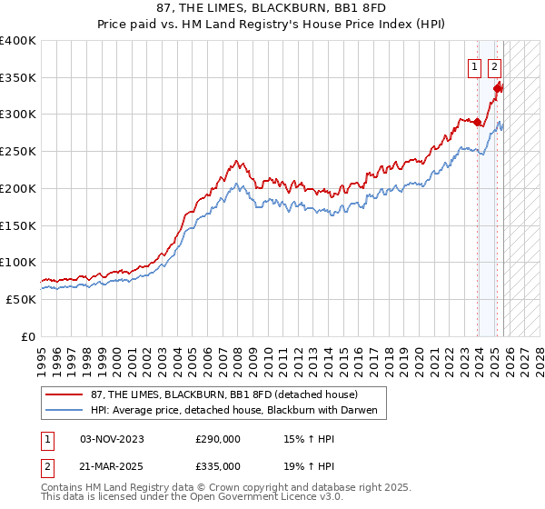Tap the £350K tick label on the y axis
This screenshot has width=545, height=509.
point(18,77)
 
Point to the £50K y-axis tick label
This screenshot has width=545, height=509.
point(21,299)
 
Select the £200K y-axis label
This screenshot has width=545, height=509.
point(18,188)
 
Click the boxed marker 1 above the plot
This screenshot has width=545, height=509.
point(475,65)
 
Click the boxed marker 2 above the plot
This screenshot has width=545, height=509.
point(494,65)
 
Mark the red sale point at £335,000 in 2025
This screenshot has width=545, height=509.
point(499,88)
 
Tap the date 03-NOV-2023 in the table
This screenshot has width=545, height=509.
point(112,439)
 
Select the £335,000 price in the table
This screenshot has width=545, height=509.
point(218,465)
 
